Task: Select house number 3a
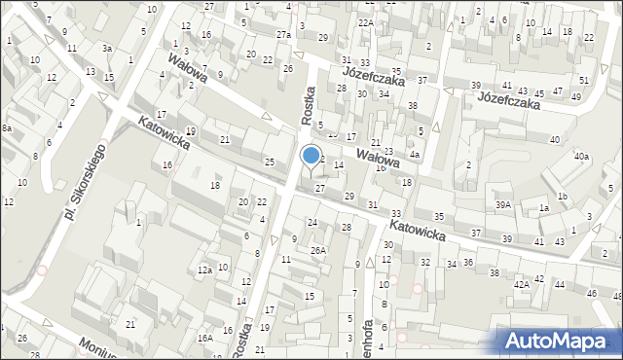pyautogui.click(x=108, y=48)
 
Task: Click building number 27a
pyautogui.click(x=283, y=35)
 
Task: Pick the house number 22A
pyautogui.click(x=365, y=22)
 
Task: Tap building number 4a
pyautogui.click(x=415, y=154)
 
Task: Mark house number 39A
pyautogui.click(x=503, y=204)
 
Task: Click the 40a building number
pyautogui.click(x=581, y=156)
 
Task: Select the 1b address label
pyautogui.click(x=562, y=197)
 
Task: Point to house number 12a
pyautogui.click(x=204, y=270)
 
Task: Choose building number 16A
pyautogui.click(x=205, y=338)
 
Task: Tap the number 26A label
pyautogui.click(x=317, y=250)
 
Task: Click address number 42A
pyautogui.click(x=522, y=284)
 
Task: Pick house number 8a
pyautogui.click(x=6, y=127)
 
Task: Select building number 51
pyautogui.click(x=584, y=80)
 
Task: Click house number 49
pyautogui.click(x=576, y=96)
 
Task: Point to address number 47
pyautogui.click(x=555, y=93)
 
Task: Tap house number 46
pyautogui.click(x=591, y=293)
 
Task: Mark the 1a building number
pyautogui.click(x=544, y=208)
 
